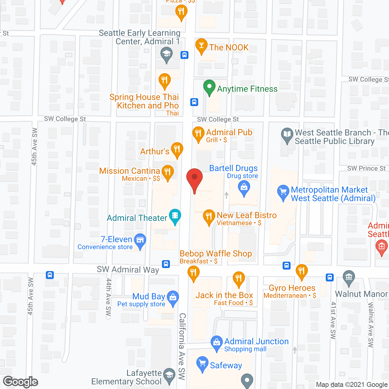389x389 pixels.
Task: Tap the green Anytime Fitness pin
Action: point(209,87)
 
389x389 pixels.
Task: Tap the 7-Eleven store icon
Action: point(140,241)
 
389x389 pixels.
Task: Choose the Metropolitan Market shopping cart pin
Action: point(283,193)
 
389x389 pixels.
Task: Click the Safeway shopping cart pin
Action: point(202,364)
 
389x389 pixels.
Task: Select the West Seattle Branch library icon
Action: point(287,135)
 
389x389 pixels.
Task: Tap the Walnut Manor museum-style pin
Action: point(349,278)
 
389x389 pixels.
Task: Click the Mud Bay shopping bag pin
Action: point(173,298)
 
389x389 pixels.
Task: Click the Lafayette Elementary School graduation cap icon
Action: point(169,375)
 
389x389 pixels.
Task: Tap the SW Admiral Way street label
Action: point(128,270)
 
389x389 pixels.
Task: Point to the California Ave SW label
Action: point(182,346)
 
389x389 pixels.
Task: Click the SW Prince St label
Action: point(366,168)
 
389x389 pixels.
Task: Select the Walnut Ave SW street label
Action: point(370,325)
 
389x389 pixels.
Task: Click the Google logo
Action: point(21,382)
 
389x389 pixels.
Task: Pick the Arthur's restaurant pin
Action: point(177,150)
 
